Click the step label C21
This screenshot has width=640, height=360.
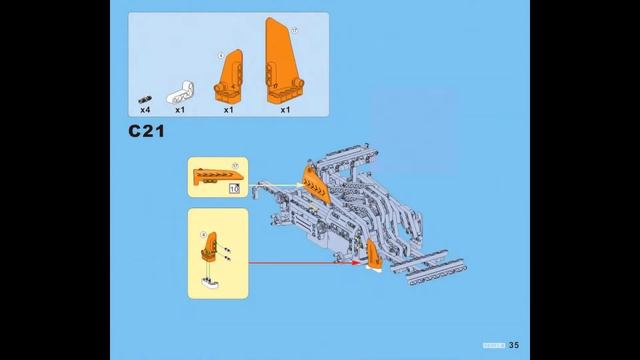coord(146,132)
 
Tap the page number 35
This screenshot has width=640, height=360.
coord(514,345)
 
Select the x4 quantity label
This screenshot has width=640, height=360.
coord(145,110)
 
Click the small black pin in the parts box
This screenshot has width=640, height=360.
coord(146,98)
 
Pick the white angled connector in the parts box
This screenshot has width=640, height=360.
coord(180,92)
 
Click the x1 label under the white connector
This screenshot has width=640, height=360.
coord(180,110)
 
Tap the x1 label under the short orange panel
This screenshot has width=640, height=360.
coord(228,110)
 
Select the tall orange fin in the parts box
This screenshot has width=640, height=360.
coord(282,60)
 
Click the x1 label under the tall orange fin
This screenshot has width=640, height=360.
coord(285,110)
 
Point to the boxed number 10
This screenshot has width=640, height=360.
coord(234,187)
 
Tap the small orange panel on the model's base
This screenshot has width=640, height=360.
coord(373,257)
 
